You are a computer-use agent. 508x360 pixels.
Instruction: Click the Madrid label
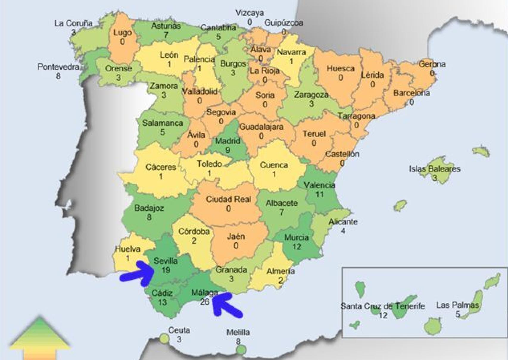click(x=227, y=140)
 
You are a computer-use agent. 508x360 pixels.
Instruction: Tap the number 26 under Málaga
click(x=205, y=302)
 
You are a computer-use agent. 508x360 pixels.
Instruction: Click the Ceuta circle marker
click(x=164, y=339)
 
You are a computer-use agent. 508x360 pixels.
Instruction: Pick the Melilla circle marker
click(x=241, y=349)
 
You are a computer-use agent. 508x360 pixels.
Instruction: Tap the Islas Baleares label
click(x=434, y=169)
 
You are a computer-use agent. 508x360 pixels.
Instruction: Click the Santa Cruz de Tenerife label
click(x=383, y=306)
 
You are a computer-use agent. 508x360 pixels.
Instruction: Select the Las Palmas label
click(x=457, y=305)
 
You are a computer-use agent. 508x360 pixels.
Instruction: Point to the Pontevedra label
click(x=58, y=67)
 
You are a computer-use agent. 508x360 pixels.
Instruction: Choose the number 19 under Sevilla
click(x=166, y=270)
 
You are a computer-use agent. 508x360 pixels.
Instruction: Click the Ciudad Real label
click(x=228, y=199)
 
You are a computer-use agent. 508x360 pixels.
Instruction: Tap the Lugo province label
click(x=122, y=32)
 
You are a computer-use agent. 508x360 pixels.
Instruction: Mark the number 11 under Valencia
click(x=319, y=195)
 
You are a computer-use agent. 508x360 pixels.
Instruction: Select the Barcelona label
click(x=412, y=93)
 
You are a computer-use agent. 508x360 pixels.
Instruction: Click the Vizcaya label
click(x=250, y=13)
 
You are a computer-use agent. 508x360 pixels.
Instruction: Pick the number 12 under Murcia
click(x=297, y=247)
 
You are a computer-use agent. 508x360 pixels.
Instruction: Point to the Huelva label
click(x=127, y=249)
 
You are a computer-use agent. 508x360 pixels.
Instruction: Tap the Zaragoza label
click(x=311, y=95)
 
